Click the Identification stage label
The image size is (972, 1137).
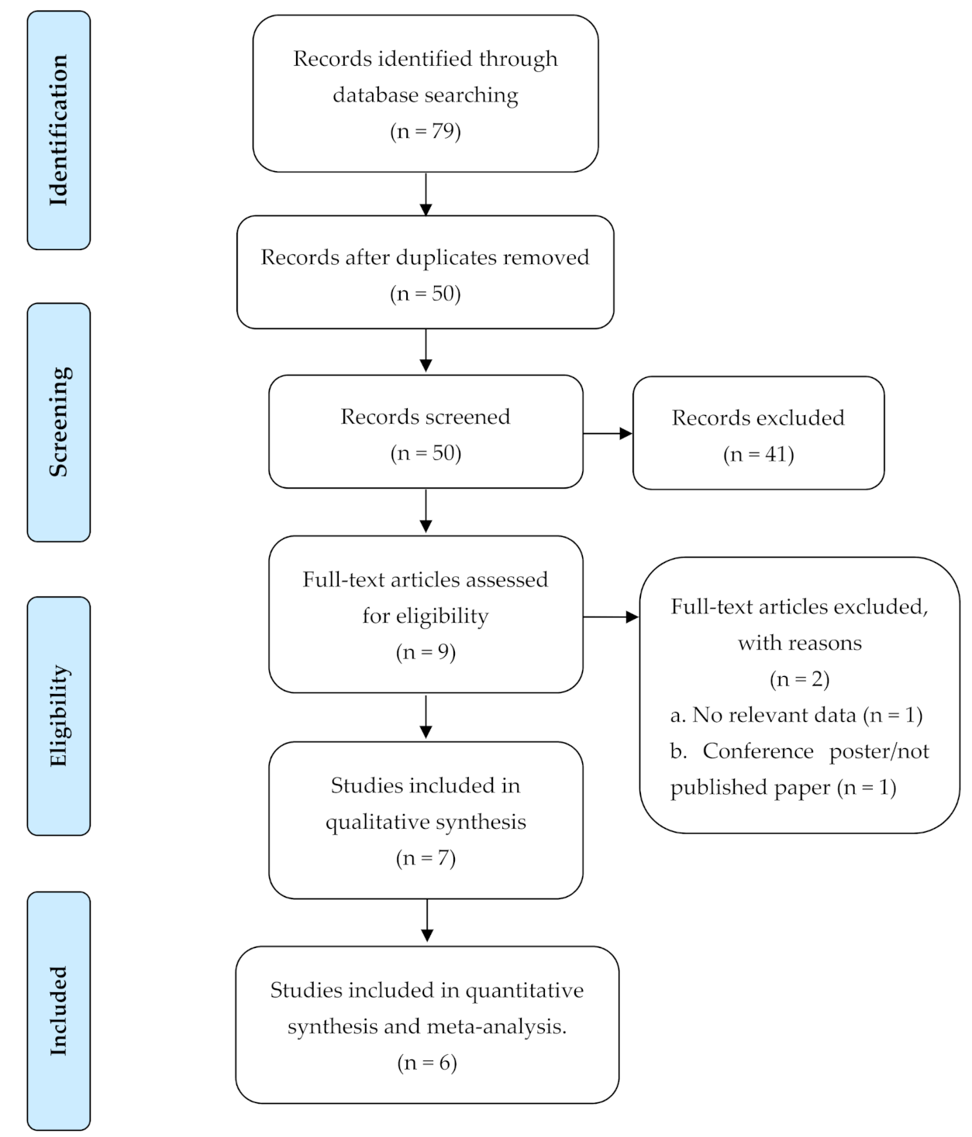58,130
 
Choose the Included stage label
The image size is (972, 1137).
58,1011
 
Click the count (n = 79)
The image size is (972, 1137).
425,132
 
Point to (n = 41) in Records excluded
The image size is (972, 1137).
758,455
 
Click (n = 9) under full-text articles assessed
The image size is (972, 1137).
426,652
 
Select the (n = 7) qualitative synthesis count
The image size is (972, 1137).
426,858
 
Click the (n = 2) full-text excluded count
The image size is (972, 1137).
799,678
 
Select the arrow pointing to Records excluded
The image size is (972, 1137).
608,434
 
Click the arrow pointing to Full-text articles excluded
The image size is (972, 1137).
611,617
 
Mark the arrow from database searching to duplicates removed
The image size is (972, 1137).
426,194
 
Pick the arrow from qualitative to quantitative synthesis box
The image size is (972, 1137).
426,921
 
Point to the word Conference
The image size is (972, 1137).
758,751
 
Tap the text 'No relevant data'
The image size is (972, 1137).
774,715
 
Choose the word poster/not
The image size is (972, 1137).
879,752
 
